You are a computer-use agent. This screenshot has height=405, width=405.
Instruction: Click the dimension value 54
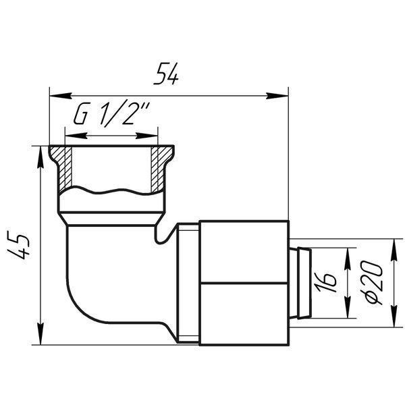tap(165, 74)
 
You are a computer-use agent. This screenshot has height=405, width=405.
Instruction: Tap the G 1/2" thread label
tap(112, 114)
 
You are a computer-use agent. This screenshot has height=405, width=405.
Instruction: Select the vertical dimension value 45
tap(18, 244)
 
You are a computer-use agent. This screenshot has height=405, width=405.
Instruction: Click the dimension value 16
tap(326, 283)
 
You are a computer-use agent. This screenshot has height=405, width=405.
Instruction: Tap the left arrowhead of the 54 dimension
tap(61, 96)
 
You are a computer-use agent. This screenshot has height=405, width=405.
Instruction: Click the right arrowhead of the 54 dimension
tap(277, 96)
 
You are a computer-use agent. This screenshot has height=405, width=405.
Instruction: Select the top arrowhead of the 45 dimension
tap(40, 157)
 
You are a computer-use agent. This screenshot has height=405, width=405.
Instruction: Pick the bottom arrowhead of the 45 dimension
tap(40, 333)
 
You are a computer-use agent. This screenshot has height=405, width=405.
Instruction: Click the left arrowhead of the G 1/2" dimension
tap(76, 136)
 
